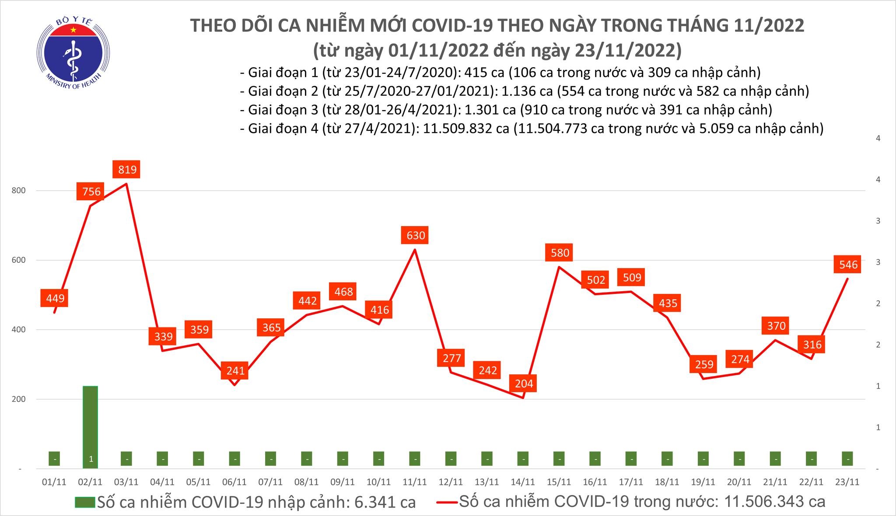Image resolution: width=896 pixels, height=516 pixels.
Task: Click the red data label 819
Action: pyautogui.click(x=127, y=169)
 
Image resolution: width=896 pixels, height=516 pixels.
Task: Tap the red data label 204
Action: pyautogui.click(x=524, y=384)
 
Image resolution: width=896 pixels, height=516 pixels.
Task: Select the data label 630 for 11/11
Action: pyautogui.click(x=415, y=236)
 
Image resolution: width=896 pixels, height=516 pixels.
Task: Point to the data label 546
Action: pyautogui.click(x=848, y=264)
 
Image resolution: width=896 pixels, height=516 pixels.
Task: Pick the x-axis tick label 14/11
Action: pyautogui.click(x=523, y=482)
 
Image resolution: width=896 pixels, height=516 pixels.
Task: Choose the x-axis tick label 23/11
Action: pyautogui.click(x=847, y=482)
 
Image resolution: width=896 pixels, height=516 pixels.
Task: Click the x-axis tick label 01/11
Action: pyautogui.click(x=54, y=482)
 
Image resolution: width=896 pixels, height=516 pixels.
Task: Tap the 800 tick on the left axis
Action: pyautogui.click(x=20, y=191)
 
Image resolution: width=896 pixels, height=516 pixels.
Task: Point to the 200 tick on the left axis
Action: pyautogui.click(x=20, y=399)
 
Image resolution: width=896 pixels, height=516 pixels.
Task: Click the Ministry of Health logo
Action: pyautogui.click(x=73, y=52)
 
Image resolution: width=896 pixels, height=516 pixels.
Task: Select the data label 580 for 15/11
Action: pyautogui.click(x=560, y=253)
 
